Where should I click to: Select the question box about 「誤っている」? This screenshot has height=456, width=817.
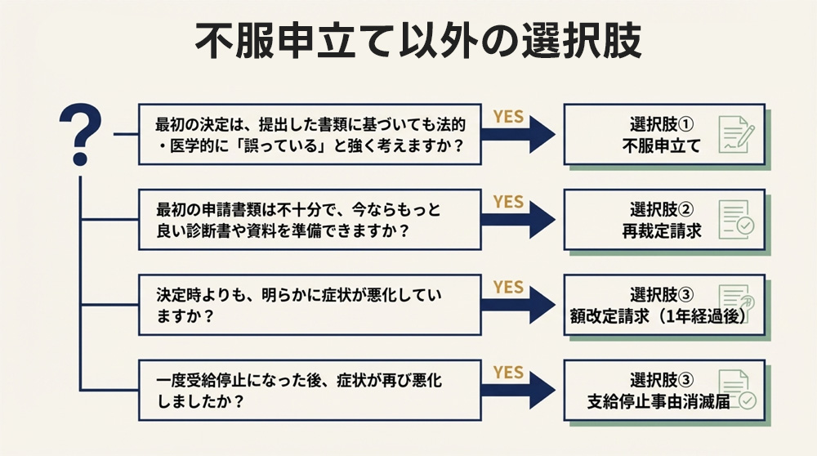click(x=310, y=135)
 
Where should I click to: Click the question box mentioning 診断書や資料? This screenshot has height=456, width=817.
click(x=310, y=220)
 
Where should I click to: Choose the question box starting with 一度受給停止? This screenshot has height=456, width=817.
click(x=310, y=390)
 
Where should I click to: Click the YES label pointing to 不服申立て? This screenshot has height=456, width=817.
click(x=508, y=116)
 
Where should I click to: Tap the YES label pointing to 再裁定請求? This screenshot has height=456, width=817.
click(x=508, y=201)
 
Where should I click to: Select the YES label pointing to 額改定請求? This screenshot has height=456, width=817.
click(x=508, y=287)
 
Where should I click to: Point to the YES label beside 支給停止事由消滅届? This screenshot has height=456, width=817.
click(x=508, y=372)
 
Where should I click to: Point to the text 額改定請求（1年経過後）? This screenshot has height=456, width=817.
click(x=659, y=316)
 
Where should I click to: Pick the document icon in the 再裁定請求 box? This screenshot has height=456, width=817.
click(x=735, y=220)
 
